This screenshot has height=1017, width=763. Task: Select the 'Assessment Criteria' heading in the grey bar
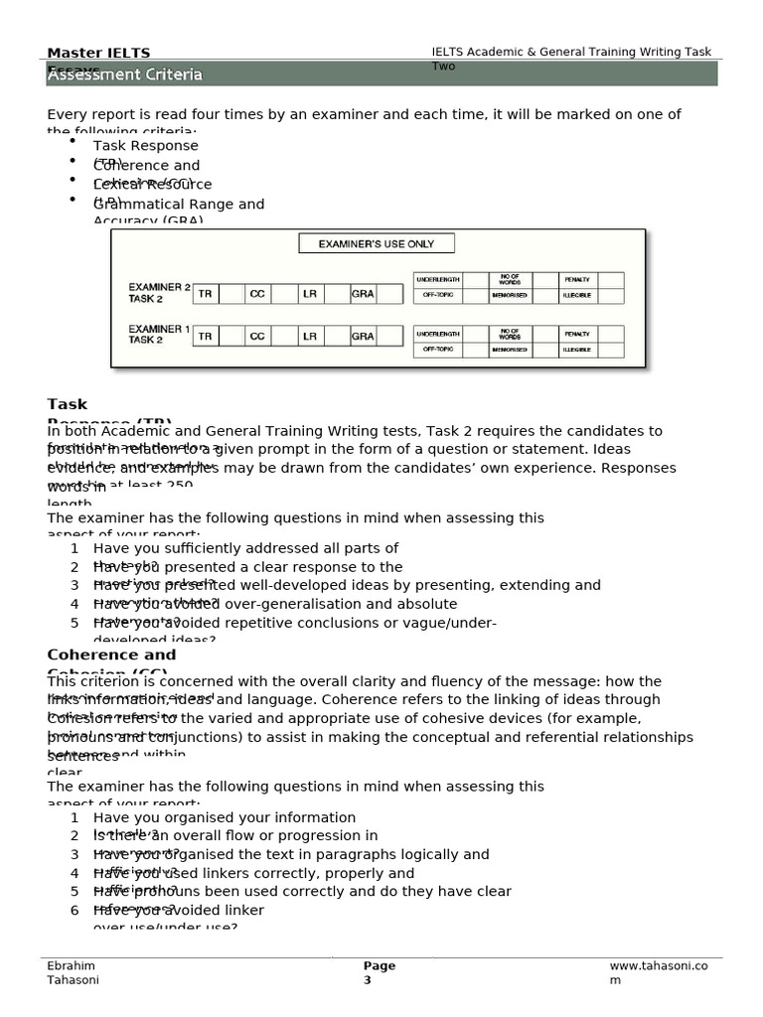click(124, 74)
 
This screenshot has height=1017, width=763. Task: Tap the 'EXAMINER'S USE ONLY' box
click(376, 243)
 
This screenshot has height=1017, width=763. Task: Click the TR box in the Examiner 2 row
click(205, 294)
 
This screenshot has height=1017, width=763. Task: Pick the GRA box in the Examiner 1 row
click(363, 337)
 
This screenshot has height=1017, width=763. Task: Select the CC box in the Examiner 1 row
click(257, 337)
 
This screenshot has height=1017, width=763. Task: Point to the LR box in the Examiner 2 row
click(310, 294)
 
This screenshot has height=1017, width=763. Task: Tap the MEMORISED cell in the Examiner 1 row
click(509, 350)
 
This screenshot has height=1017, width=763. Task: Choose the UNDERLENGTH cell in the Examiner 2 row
click(437, 280)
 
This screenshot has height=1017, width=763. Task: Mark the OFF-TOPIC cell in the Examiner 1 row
click(437, 350)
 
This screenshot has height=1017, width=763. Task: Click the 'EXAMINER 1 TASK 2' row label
click(159, 334)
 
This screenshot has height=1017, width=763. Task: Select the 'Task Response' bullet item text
click(145, 146)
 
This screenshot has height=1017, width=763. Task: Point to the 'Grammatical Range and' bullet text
click(179, 205)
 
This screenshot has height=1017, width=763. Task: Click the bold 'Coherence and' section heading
click(111, 655)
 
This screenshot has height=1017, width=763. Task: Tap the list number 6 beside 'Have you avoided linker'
click(75, 910)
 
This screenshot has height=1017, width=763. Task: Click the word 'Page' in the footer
click(379, 966)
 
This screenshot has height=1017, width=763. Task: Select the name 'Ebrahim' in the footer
click(72, 966)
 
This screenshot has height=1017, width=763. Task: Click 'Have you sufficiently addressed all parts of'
click(245, 548)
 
